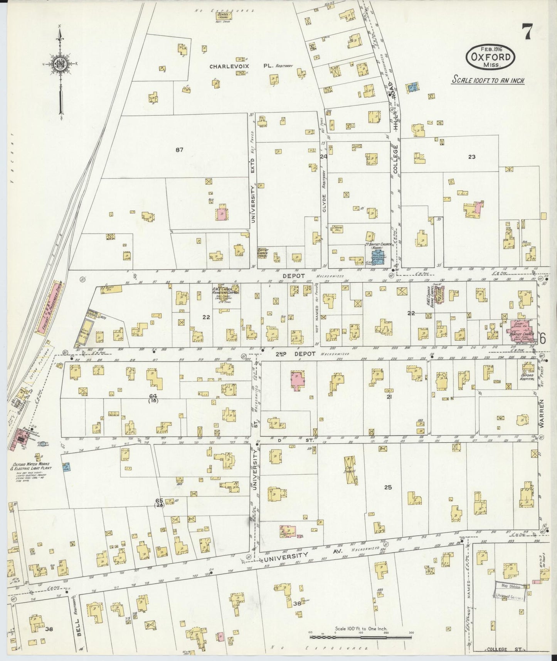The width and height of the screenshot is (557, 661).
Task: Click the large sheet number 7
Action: pyautogui.click(x=528, y=31)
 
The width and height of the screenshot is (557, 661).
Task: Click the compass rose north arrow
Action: pyautogui.click(x=61, y=65)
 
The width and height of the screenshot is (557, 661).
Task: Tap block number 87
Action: pyautogui.click(x=179, y=150)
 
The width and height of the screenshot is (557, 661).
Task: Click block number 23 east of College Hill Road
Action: pyautogui.click(x=472, y=157)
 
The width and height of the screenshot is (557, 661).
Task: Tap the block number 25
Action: pyautogui.click(x=388, y=487)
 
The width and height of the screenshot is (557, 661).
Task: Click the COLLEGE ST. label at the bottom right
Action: pyautogui.click(x=498, y=649)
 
